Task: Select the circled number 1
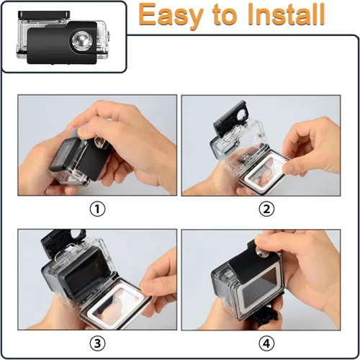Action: coord(97,210)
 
